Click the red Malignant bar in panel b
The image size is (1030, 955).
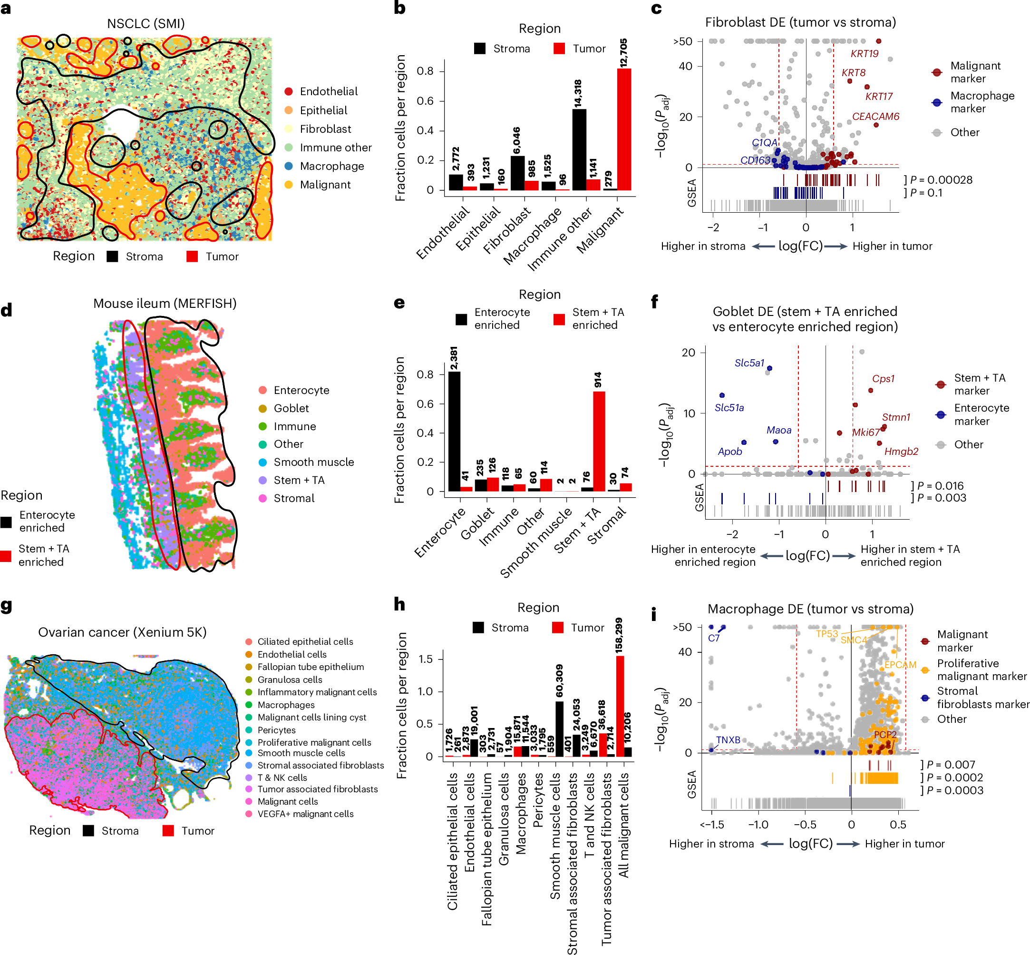tap(624, 129)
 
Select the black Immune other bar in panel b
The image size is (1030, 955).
tap(579, 150)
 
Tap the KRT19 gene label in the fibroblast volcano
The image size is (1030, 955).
tap(864, 54)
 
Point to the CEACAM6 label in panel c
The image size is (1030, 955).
tap(875, 116)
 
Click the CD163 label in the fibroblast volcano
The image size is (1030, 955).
tap(755, 160)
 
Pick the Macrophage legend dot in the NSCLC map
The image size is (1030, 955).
tap(289, 166)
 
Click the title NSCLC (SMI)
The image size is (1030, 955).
tap(146, 24)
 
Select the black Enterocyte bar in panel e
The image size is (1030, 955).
tap(455, 432)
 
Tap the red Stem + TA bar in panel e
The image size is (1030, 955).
tap(599, 441)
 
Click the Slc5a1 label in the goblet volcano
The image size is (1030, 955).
tap(749, 363)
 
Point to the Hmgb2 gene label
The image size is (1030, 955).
tap(902, 452)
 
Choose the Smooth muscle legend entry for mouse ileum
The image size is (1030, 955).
tap(308, 462)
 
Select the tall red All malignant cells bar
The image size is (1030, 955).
tap(620, 706)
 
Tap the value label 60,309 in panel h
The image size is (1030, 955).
tap(559, 680)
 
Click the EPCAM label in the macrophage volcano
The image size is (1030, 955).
tap(900, 665)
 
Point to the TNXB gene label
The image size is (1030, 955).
tap(729, 740)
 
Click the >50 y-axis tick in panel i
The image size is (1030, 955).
tap(682, 627)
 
